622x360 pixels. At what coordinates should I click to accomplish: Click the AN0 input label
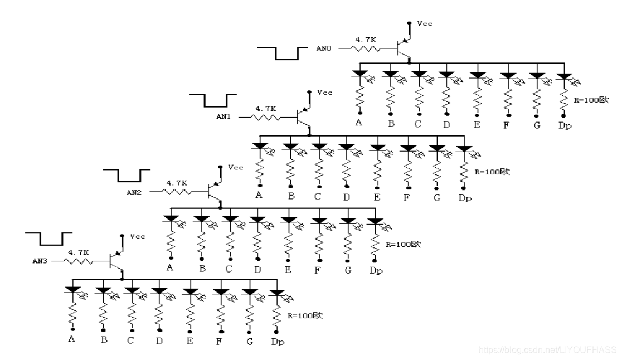pyautogui.click(x=324, y=48)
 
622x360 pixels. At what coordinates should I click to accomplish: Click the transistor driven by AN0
pyautogui.click(x=402, y=48)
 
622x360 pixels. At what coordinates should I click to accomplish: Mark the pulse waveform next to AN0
pyautogui.click(x=283, y=53)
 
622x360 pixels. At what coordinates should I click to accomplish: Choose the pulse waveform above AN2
pyautogui.click(x=125, y=175)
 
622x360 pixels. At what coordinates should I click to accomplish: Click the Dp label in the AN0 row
pyautogui.click(x=565, y=125)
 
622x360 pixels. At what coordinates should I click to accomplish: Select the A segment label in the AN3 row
pyautogui.click(x=71, y=338)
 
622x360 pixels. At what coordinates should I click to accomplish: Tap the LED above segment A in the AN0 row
pyautogui.click(x=360, y=74)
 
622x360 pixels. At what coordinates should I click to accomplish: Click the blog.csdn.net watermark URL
pyautogui.click(x=548, y=350)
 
